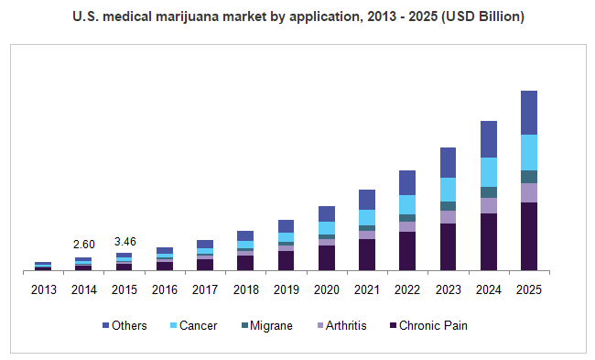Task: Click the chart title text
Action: (297, 17)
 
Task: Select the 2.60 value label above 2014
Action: (83, 245)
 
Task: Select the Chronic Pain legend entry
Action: (427, 325)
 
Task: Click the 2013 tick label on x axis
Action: (43, 289)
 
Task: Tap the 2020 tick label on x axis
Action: (326, 289)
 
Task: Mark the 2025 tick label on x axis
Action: (528, 289)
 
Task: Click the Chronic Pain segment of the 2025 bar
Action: (528, 236)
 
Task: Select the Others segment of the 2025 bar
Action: (528, 113)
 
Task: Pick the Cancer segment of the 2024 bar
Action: (488, 172)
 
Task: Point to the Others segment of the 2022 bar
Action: (407, 182)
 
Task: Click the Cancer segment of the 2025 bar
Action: (528, 152)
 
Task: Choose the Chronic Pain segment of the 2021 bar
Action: (367, 255)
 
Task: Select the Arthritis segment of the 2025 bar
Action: (528, 192)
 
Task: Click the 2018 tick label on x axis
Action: (245, 289)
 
